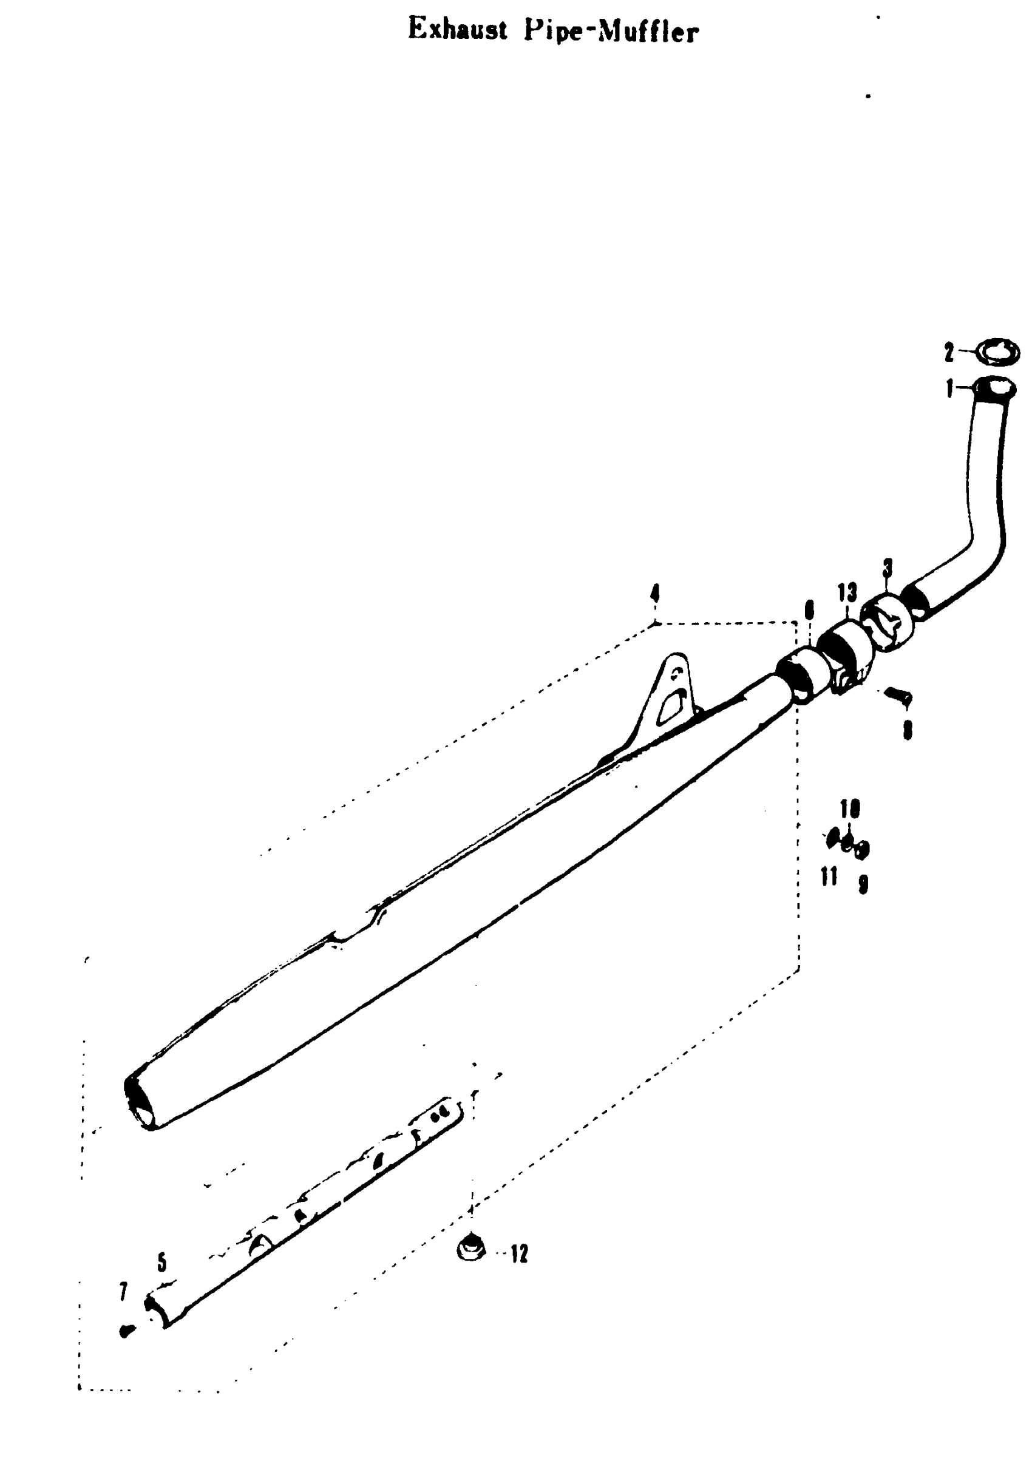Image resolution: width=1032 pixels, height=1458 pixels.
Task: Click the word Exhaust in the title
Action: point(457,30)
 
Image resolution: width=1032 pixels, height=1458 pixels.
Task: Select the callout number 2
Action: point(948,352)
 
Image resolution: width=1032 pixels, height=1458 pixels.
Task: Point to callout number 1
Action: point(949,388)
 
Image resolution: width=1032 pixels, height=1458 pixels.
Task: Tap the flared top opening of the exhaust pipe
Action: point(996,387)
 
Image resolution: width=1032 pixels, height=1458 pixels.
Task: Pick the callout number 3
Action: point(888,568)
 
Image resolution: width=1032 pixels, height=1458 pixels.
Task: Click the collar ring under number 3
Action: point(888,621)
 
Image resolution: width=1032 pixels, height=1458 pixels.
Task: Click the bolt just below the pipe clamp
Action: point(897,697)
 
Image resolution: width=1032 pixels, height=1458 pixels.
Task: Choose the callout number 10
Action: point(850,809)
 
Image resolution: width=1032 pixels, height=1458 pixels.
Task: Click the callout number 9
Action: point(863,885)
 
